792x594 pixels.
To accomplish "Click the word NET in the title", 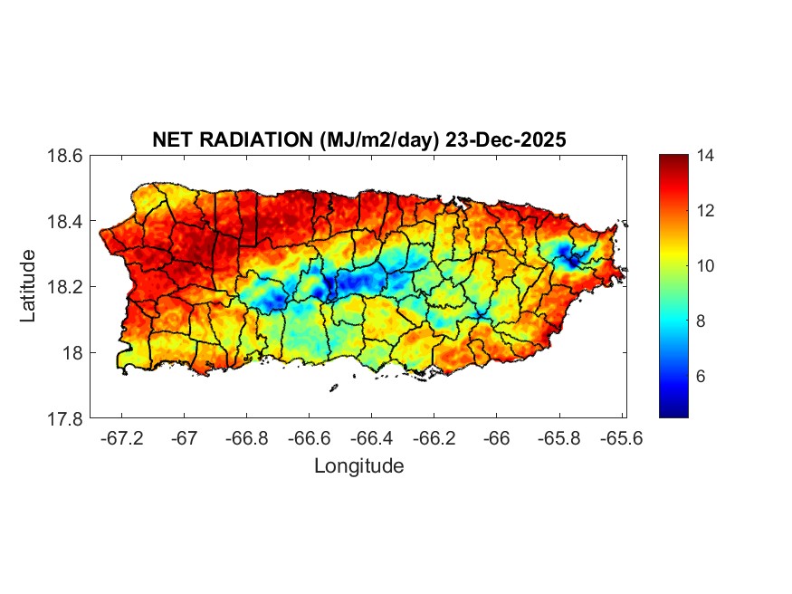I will [171, 140].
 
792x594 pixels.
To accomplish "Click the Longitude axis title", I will [358, 466].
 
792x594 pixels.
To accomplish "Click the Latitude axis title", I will [29, 286].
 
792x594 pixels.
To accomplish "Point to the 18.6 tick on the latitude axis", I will [65, 156].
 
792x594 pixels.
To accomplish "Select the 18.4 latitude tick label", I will [65, 222].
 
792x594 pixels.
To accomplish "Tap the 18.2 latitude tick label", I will [65, 287].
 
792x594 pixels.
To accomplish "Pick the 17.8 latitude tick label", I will [65, 418].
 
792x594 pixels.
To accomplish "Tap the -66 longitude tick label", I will [497, 439].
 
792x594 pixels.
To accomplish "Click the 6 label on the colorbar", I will [701, 376].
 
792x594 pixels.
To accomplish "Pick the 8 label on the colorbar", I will [701, 321].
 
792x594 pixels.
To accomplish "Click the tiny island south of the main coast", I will [333, 388].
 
